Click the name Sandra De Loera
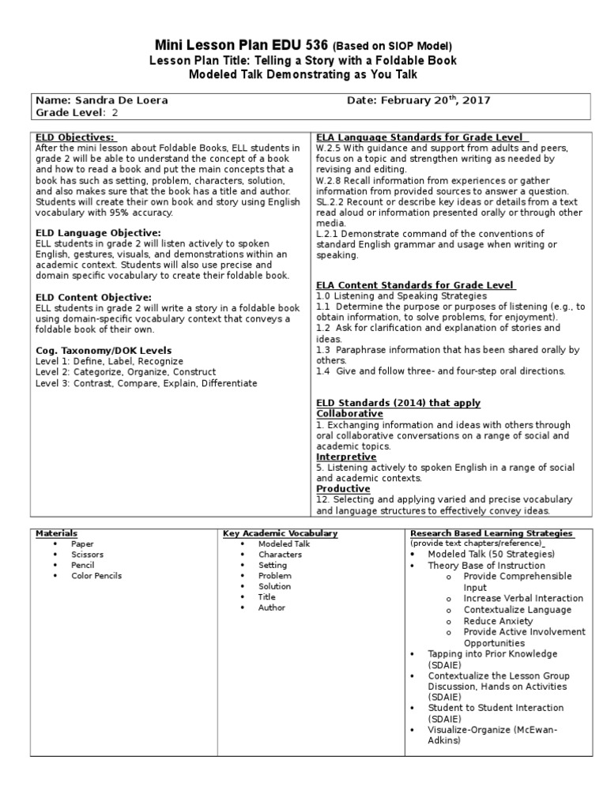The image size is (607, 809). coord(121,100)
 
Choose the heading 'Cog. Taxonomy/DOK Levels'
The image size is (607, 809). coord(104,350)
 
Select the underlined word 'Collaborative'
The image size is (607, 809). coord(349,413)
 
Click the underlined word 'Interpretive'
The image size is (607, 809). coord(346,457)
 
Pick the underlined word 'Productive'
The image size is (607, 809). coord(343,489)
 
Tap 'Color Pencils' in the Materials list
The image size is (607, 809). coord(96,576)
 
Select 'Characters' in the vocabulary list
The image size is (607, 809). coord(280,555)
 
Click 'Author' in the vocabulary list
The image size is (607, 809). coord(271,608)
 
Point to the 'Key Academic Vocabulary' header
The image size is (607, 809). coord(281,533)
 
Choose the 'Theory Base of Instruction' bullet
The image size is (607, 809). coord(486,566)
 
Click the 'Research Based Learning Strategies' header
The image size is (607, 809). coord(491,533)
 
